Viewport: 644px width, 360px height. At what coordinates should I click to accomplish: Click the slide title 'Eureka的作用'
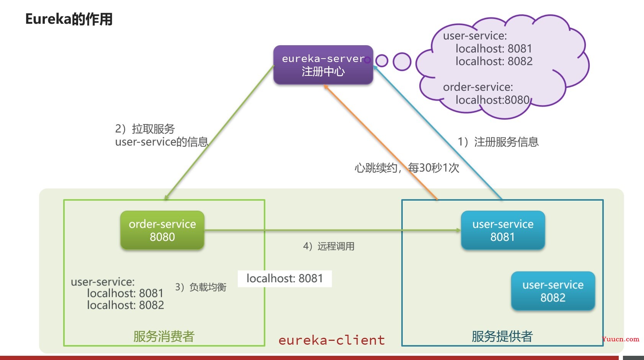point(69,19)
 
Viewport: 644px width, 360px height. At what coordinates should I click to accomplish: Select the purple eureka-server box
point(323,65)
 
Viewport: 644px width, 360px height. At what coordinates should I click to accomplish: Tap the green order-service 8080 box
point(162,230)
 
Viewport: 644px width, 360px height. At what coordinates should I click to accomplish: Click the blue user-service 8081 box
point(503,230)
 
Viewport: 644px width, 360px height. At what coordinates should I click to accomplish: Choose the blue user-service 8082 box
point(553,291)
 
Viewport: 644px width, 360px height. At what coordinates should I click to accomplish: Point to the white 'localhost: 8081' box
point(284,278)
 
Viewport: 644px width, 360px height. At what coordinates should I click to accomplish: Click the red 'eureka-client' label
point(332,340)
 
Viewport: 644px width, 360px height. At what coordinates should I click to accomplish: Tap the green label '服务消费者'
point(164,336)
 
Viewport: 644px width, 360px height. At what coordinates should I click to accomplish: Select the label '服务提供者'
point(502,336)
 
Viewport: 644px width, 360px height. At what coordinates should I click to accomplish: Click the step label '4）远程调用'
point(329,246)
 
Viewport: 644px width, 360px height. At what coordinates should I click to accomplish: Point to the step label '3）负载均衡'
point(201,287)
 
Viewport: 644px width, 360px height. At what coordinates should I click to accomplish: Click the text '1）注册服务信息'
point(498,142)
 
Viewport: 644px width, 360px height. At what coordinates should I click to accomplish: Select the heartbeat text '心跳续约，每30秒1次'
point(407,168)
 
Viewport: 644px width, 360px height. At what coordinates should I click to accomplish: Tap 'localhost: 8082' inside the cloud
point(494,61)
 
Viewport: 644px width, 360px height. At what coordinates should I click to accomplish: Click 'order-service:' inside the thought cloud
point(478,87)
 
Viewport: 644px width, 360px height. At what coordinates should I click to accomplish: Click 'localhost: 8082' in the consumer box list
point(125,305)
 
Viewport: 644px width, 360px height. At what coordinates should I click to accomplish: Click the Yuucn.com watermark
point(620,339)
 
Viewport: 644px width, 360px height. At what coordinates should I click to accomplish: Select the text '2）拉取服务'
point(145,129)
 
